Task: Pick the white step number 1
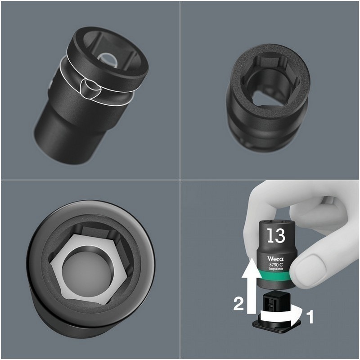(309, 317)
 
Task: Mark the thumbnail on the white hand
(306, 262)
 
